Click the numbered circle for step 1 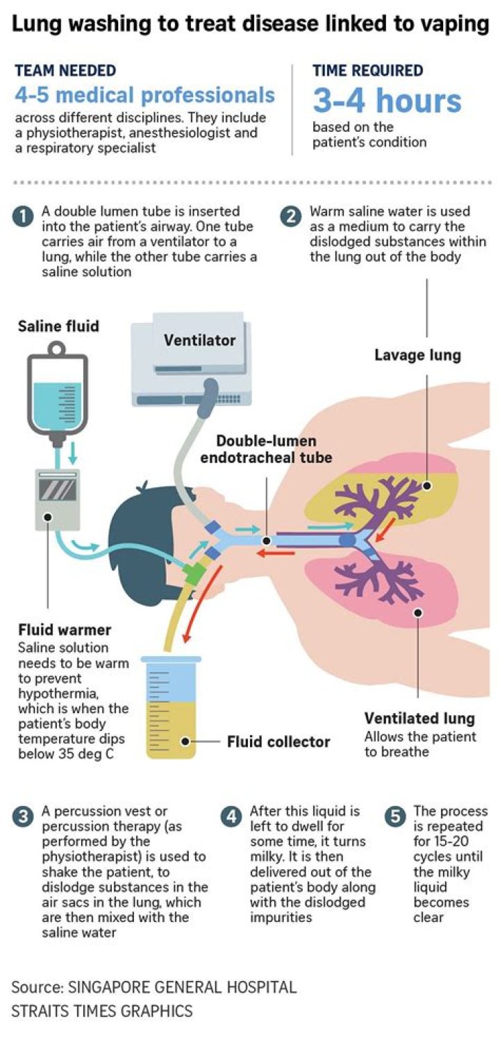(x=24, y=217)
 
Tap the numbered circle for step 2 (x=291, y=217)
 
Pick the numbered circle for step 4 (x=231, y=818)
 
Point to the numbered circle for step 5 (x=395, y=818)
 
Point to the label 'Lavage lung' (x=417, y=355)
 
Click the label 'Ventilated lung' (x=419, y=718)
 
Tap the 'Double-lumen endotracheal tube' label (x=266, y=449)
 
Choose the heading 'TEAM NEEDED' (x=65, y=70)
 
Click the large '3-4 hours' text (x=387, y=101)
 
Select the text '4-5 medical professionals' (x=144, y=94)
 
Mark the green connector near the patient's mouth (x=194, y=573)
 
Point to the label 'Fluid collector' (x=278, y=741)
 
